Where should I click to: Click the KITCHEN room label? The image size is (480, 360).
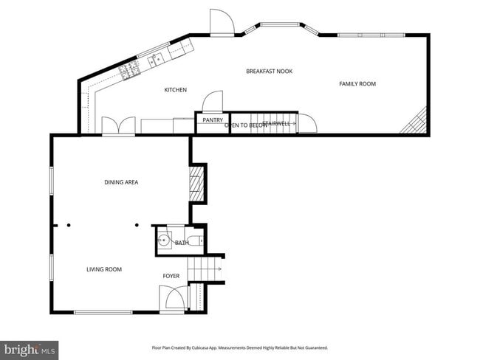(175, 90)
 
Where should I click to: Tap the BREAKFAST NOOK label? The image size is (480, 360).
(269, 71)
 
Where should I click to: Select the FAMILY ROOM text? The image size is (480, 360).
(357, 84)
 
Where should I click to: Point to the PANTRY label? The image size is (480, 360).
(213, 120)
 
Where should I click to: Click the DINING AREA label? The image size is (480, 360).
(121, 182)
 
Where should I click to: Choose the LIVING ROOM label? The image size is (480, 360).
(103, 269)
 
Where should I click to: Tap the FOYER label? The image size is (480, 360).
(171, 276)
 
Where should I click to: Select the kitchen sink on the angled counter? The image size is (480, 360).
(157, 58)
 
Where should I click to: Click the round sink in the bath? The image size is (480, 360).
(164, 240)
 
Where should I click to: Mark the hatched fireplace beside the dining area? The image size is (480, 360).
(196, 181)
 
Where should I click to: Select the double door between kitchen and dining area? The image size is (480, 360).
(118, 127)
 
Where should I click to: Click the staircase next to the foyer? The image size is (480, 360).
(205, 271)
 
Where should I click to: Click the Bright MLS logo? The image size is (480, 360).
(30, 349)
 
